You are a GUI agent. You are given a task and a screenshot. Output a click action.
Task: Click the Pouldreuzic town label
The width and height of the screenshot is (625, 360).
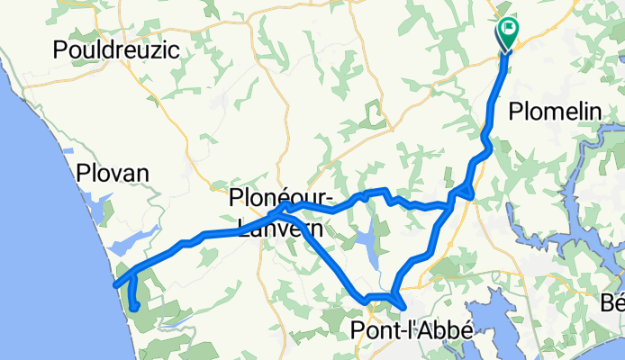[116, 50]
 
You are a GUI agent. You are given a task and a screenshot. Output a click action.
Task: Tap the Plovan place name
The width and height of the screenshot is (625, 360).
[112, 172]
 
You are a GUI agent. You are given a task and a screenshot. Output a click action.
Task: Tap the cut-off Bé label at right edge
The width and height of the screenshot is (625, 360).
[613, 303]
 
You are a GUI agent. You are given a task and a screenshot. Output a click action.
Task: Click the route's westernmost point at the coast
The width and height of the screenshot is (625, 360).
[114, 286]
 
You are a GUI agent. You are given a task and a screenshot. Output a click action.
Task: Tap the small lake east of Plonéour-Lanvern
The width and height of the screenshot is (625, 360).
[367, 241]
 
